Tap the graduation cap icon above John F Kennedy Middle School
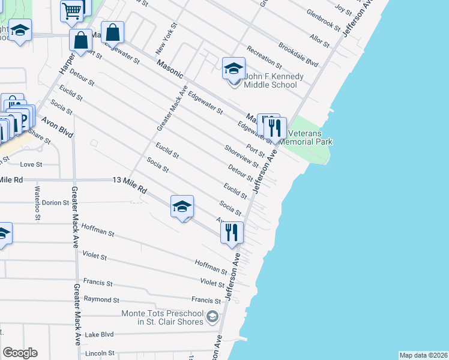pyautogui.click(x=234, y=69)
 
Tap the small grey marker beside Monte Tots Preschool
pyautogui.click(x=211, y=316)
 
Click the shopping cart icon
pyautogui.click(x=72, y=10)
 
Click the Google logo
pyautogui.click(x=20, y=353)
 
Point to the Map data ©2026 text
pyautogui.click(x=423, y=355)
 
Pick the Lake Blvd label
pyautogui.click(x=99, y=335)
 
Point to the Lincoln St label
pyautogui.click(x=100, y=354)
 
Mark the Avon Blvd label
pyautogui.click(x=56, y=127)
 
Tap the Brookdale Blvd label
pyautogui.click(x=298, y=53)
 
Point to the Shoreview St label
pyautogui.click(x=241, y=156)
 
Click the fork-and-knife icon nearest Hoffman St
pyautogui.click(x=232, y=232)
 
